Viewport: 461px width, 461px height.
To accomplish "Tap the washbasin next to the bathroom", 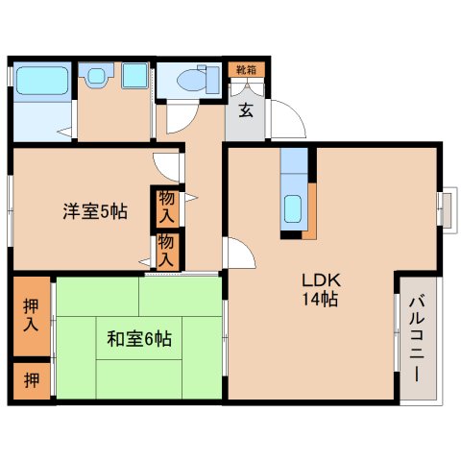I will click(95, 77).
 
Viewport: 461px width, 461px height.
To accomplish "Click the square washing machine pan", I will click(133, 77).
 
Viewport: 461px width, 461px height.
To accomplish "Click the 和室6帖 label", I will click(139, 338).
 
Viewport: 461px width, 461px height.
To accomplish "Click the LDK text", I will click(321, 280).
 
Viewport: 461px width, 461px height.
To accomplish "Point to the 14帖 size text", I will click(321, 300).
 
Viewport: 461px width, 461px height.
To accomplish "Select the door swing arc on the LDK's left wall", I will click(240, 255).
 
